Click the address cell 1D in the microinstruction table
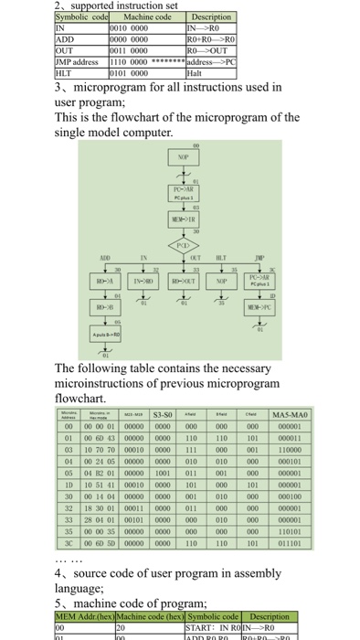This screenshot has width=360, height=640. tap(69, 485)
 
